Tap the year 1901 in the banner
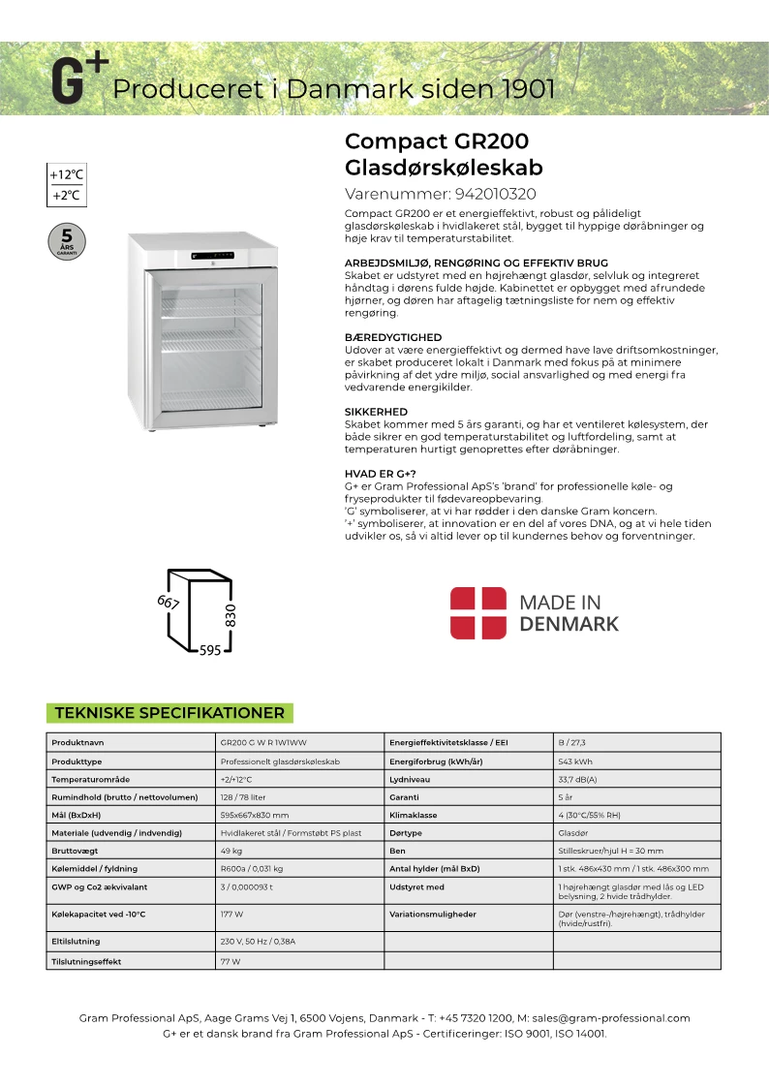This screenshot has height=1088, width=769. [528, 90]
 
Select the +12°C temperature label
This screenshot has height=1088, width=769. [67, 175]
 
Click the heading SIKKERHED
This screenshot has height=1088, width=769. [376, 412]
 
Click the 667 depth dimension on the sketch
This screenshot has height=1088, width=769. [169, 603]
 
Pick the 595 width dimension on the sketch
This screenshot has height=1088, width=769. [210, 651]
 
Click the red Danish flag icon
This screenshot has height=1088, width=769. [477, 612]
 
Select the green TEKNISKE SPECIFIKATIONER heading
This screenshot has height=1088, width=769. [169, 713]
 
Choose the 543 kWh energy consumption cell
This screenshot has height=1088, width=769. [574, 762]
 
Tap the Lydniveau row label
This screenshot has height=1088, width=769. [413, 779]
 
